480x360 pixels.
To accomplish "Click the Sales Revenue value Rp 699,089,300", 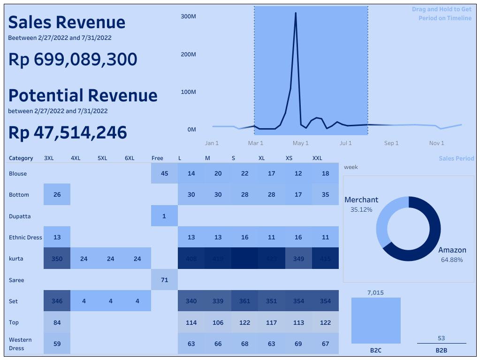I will [73, 60].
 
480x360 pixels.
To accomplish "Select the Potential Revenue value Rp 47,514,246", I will [68, 133].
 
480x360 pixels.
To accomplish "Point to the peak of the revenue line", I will [296, 13].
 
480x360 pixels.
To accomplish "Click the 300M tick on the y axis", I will [188, 16].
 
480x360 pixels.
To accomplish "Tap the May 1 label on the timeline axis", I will [300, 143].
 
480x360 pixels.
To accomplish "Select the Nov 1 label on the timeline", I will [436, 143].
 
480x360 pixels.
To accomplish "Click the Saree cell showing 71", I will [164, 280].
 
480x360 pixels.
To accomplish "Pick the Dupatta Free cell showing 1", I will [164, 216].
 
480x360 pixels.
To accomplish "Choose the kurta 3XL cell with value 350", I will [57, 259].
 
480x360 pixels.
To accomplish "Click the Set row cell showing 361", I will [244, 301].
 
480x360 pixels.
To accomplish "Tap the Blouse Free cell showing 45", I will [164, 174].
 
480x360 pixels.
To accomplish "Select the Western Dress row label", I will [20, 344].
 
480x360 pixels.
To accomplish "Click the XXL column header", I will [317, 158].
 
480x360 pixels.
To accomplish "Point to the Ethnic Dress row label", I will [25, 237].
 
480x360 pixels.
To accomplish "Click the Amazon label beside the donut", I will [452, 250].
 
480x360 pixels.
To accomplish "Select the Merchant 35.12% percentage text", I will [361, 210].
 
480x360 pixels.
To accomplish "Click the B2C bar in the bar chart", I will [376, 321].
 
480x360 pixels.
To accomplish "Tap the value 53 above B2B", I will [441, 338].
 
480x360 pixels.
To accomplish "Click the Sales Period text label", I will [456, 159].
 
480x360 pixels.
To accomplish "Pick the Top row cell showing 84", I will [57, 322].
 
